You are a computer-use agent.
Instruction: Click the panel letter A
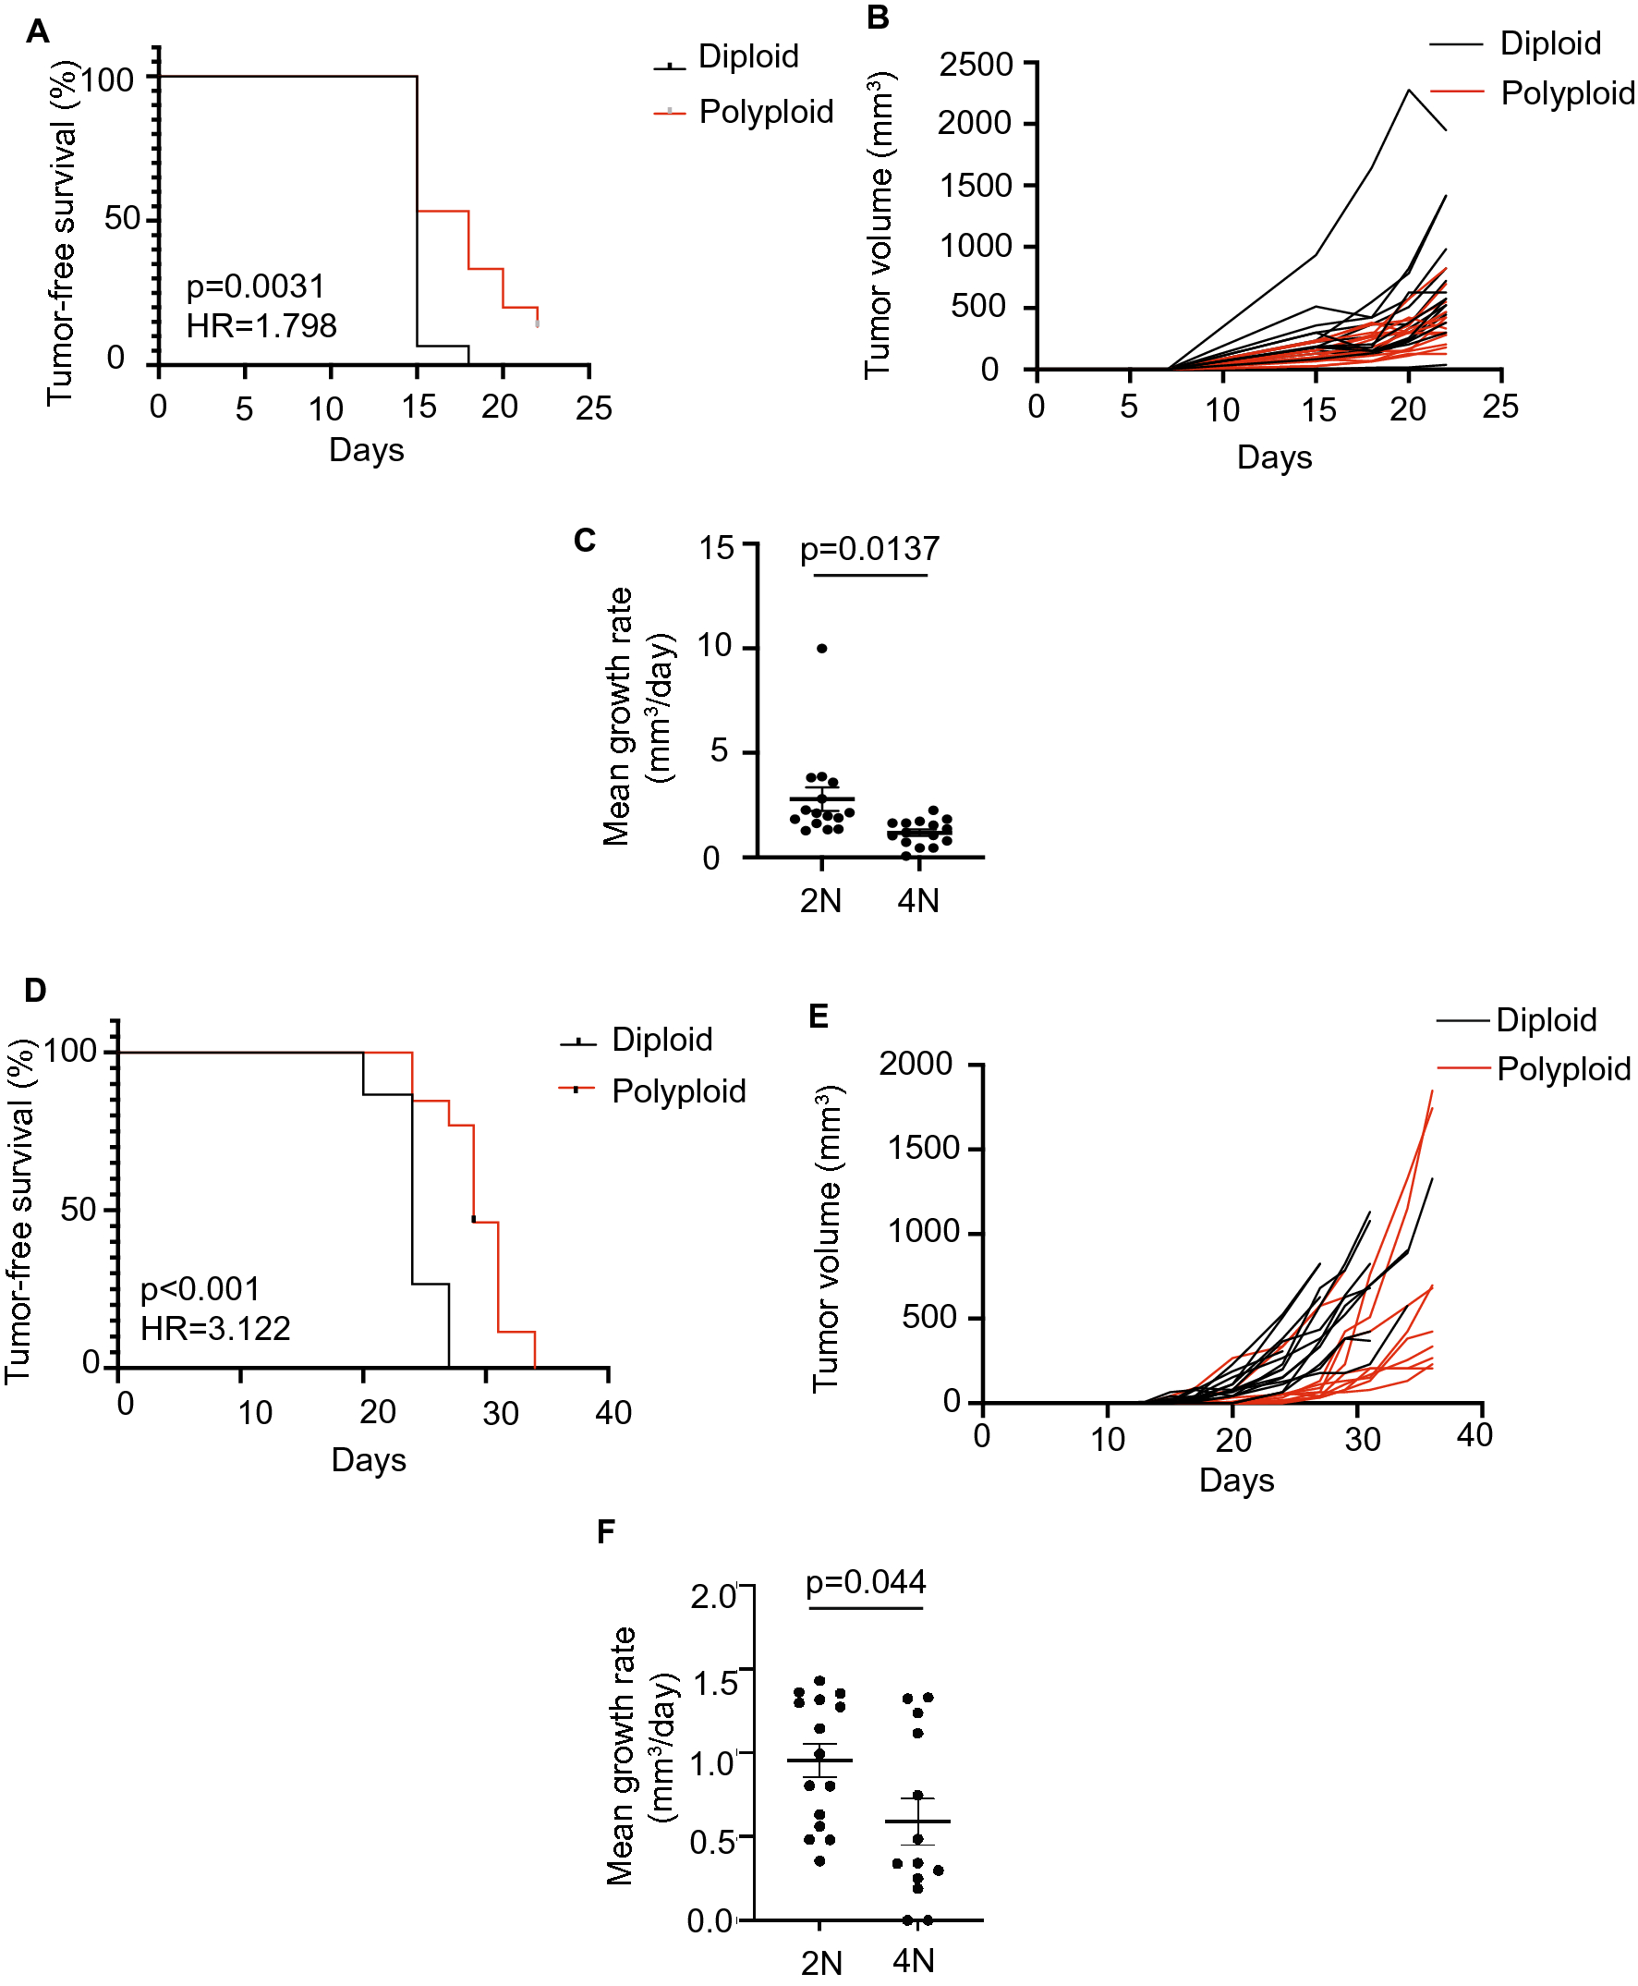(x=37, y=32)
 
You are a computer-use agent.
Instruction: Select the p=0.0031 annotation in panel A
(x=255, y=286)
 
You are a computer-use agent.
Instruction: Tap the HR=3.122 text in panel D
(x=215, y=1328)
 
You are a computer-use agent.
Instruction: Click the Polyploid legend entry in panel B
(x=1566, y=93)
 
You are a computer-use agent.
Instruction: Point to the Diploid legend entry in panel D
(x=661, y=1040)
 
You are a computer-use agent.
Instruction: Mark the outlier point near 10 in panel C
(x=822, y=649)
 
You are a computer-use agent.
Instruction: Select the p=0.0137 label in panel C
(x=869, y=549)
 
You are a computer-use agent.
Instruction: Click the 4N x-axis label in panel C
(x=918, y=900)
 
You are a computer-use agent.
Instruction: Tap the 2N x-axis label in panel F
(x=821, y=1962)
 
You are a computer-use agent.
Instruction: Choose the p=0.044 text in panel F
(x=866, y=1582)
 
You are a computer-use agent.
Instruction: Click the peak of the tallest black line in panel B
(x=1409, y=91)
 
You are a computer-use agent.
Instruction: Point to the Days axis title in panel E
(x=1236, y=1480)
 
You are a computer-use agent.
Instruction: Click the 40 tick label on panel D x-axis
(x=613, y=1413)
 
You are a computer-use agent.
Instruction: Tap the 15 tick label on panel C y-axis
(x=716, y=547)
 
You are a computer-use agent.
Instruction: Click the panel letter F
(x=606, y=1531)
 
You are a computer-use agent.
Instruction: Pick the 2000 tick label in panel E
(x=916, y=1064)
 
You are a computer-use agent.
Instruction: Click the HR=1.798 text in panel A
(x=261, y=325)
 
